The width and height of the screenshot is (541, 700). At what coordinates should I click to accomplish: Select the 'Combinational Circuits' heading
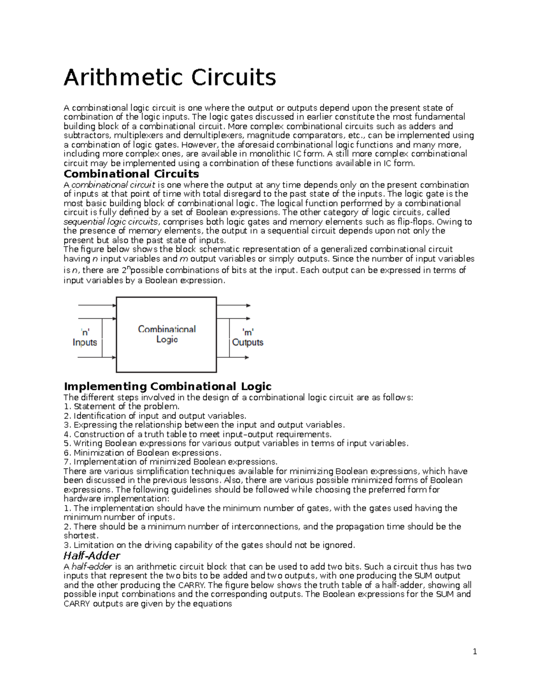[x=131, y=174]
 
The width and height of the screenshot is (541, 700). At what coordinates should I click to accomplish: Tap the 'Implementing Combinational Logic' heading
[x=168, y=386]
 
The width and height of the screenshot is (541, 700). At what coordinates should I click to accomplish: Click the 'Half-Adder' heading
[x=92, y=555]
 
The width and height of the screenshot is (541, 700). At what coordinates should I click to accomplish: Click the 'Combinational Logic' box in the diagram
[x=166, y=334]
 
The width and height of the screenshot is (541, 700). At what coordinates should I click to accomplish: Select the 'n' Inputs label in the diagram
[x=85, y=337]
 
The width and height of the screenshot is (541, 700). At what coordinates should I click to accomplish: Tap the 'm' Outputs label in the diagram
[x=248, y=337]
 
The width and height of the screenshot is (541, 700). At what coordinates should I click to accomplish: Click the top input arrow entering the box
[x=97, y=305]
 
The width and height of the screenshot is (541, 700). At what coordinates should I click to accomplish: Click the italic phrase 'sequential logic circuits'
[x=111, y=222]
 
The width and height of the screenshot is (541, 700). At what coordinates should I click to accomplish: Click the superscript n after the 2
[x=128, y=268]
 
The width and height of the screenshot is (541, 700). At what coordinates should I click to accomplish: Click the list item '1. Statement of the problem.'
[x=122, y=407]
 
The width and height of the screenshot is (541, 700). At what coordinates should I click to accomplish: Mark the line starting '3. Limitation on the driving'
[x=209, y=545]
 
